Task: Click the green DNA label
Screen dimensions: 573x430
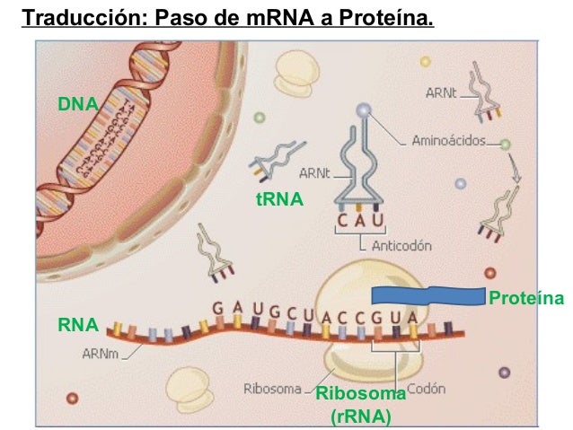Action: [x=78, y=104]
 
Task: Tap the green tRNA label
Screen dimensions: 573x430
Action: [x=280, y=199]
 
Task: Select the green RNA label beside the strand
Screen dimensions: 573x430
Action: [x=78, y=325]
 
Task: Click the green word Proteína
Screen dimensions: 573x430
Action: [x=526, y=298]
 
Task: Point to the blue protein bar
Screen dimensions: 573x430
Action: [x=428, y=296]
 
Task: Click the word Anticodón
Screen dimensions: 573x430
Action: [x=401, y=246]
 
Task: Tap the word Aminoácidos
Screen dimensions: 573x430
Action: [x=449, y=141]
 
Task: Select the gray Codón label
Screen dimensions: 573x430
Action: [x=426, y=389]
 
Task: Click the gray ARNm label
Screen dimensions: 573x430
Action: [x=100, y=354]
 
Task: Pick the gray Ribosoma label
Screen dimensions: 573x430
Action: [x=272, y=389]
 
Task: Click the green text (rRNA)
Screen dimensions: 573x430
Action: [x=361, y=417]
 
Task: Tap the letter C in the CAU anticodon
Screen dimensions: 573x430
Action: [x=342, y=220]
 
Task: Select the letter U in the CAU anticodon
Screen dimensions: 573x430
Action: [x=378, y=220]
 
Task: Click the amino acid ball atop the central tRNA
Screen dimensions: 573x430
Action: [x=364, y=110]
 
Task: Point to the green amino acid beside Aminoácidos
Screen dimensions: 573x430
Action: [x=505, y=145]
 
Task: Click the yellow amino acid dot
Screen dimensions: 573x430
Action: [x=425, y=61]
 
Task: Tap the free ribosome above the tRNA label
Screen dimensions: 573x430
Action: [x=295, y=74]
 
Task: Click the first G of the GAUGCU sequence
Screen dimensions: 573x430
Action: [x=218, y=309]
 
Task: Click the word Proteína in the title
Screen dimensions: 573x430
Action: [x=386, y=17]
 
